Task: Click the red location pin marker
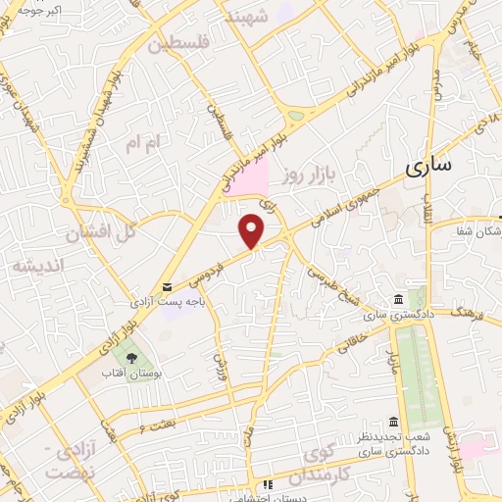(253, 230)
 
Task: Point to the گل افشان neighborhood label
(98, 233)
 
